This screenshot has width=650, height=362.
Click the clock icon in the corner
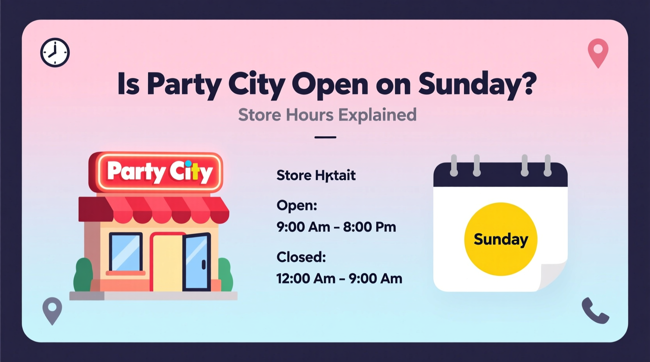(55, 53)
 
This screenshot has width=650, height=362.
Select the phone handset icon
(595, 311)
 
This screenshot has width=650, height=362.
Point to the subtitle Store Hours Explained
(327, 115)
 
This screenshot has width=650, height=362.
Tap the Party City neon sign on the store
(156, 172)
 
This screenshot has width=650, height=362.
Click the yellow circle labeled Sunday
(500, 239)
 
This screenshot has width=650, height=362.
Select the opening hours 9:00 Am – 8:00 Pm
(336, 227)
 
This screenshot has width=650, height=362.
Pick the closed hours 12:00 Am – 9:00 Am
(339, 279)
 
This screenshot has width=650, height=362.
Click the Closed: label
(301, 257)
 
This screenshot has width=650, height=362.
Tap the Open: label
(296, 205)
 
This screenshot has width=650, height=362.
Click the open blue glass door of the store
(196, 262)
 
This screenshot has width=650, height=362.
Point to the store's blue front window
(125, 252)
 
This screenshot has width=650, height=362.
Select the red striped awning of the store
(154, 209)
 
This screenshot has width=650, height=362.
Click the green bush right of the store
(225, 275)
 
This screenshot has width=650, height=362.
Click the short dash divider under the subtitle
(325, 137)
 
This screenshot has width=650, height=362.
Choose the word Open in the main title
(329, 84)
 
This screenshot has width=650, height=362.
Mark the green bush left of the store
(83, 275)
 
